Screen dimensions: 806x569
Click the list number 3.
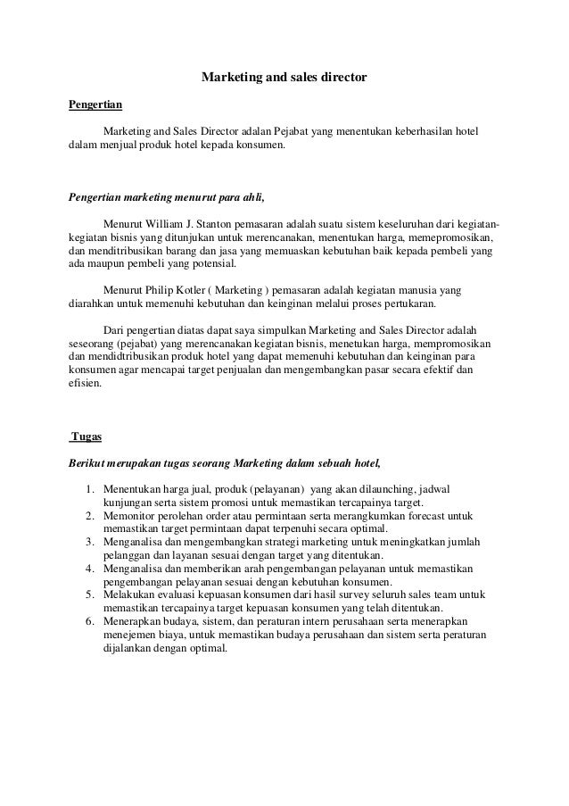(x=90, y=542)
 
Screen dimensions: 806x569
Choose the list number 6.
(x=90, y=619)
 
